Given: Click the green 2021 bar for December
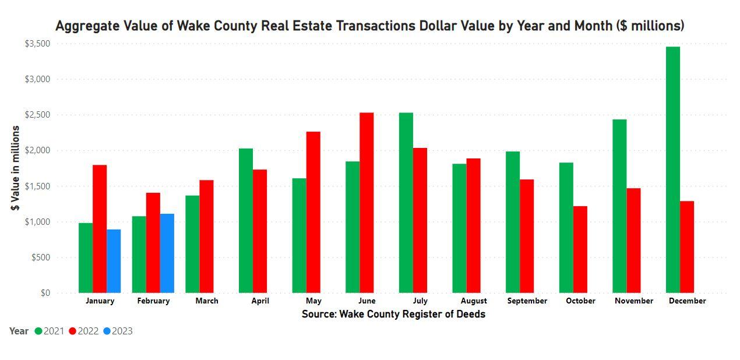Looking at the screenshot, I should [673, 170].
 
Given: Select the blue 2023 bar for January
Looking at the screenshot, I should [114, 261].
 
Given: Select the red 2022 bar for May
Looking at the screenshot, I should [313, 212].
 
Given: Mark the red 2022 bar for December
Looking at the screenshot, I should [687, 247].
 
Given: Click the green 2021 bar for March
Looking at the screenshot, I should [192, 244].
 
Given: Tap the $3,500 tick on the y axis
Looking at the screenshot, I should [37, 44].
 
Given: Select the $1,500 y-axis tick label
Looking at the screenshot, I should [37, 186].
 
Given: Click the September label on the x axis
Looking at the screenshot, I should [527, 301].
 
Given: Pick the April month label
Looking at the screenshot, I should [260, 301].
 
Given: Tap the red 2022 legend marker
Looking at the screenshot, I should [73, 331].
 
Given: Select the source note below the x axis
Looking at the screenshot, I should [393, 315].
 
